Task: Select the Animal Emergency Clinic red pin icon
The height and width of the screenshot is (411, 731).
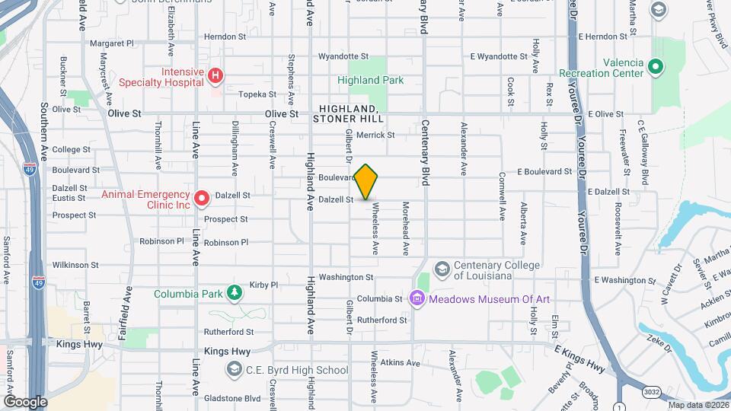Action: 202,199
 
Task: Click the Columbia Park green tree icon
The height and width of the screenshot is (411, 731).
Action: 236,293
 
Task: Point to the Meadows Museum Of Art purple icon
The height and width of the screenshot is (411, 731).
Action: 417,299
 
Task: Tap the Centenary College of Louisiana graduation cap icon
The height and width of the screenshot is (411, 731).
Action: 442,269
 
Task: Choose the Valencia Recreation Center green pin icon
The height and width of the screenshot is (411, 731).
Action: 655,68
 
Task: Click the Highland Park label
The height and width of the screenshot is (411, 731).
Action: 371,80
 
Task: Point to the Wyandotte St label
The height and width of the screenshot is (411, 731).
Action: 343,56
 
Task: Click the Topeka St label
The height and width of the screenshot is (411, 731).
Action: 257,94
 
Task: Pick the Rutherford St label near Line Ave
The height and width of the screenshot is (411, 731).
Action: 228,332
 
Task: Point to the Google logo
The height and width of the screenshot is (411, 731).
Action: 25,401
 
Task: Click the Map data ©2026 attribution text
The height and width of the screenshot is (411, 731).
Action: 697,405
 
